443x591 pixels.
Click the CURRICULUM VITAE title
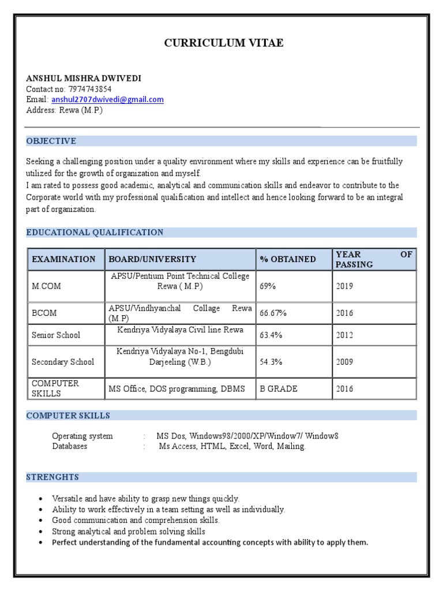224,43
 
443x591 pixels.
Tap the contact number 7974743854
90,89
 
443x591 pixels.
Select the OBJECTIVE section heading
51,141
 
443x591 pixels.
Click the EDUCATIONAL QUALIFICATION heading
95,232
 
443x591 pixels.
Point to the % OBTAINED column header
288,259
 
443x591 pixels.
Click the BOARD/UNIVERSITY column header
152,259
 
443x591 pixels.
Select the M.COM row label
47,286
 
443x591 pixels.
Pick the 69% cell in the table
268,286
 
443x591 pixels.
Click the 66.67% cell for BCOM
273,313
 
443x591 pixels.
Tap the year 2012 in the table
344,335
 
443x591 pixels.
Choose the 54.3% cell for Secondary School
271,362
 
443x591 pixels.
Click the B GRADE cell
279,388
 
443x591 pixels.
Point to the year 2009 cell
344,362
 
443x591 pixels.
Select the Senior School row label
56,335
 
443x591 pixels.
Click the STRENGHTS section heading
52,477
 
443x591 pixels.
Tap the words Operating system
82,436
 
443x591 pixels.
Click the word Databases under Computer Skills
70,446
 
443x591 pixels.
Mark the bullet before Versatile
40,499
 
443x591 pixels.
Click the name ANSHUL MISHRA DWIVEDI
83,78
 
